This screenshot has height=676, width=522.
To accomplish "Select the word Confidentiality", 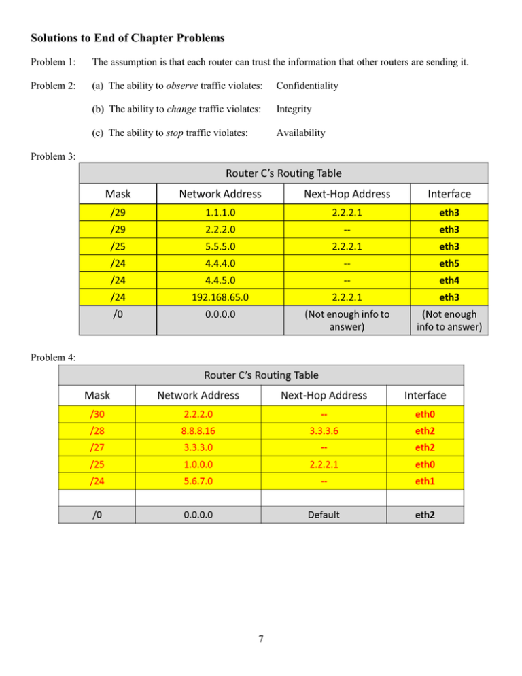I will [x=307, y=86].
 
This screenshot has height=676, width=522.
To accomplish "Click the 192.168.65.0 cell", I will [x=220, y=296].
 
